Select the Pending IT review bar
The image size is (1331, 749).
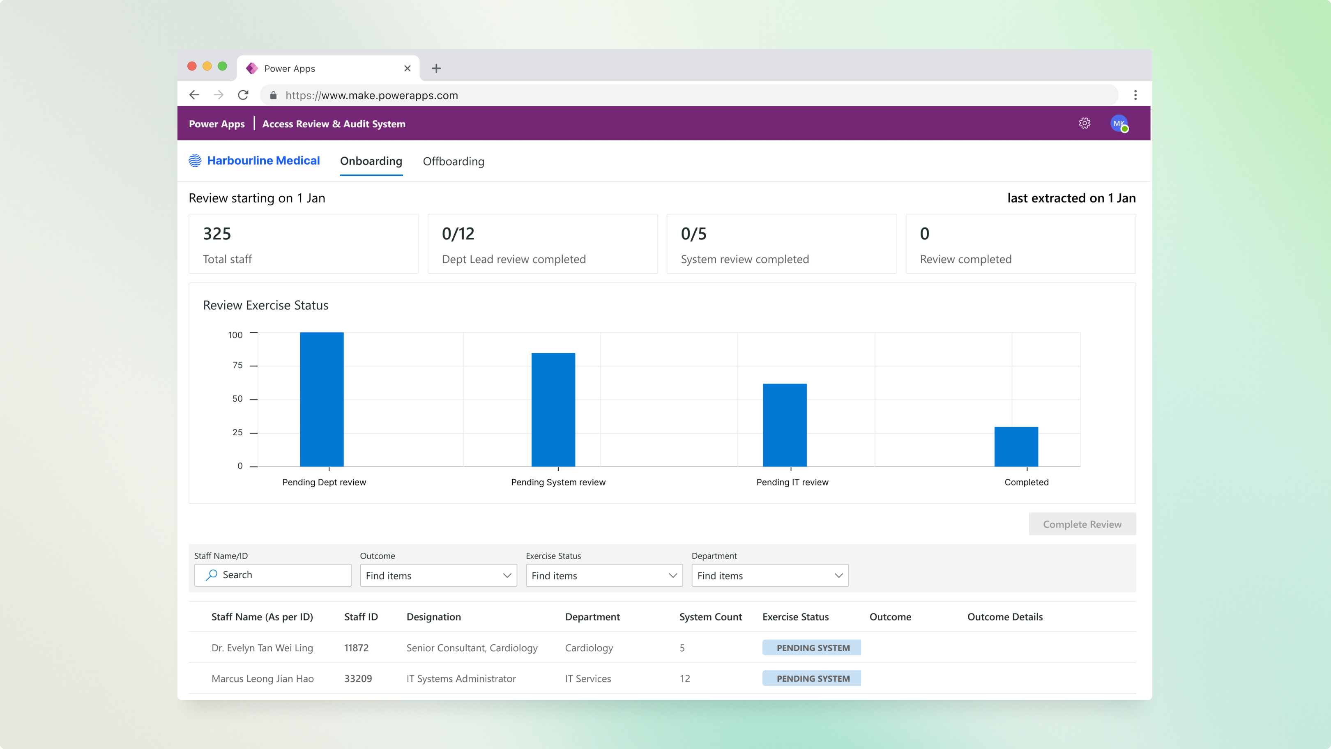pyautogui.click(x=784, y=425)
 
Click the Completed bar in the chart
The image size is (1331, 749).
pyautogui.click(x=1016, y=446)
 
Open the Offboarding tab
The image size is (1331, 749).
pyautogui.click(x=453, y=161)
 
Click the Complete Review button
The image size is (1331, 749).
pyautogui.click(x=1082, y=524)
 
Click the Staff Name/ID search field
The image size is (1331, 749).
pyautogui.click(x=273, y=575)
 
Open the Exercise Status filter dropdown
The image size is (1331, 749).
pyautogui.click(x=604, y=575)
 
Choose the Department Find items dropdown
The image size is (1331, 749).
pyautogui.click(x=769, y=575)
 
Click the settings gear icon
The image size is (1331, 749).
pyautogui.click(x=1085, y=124)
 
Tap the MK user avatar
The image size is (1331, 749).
pyautogui.click(x=1119, y=124)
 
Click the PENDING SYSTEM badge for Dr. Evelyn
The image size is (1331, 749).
pyautogui.click(x=812, y=648)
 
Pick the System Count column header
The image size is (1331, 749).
pyautogui.click(x=710, y=617)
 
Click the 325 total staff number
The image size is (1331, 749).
pyautogui.click(x=217, y=234)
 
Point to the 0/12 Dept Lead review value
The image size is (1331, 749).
pyautogui.click(x=458, y=234)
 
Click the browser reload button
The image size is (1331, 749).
pyautogui.click(x=243, y=95)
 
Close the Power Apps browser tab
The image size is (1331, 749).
pyautogui.click(x=407, y=68)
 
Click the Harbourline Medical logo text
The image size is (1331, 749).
pyautogui.click(x=263, y=161)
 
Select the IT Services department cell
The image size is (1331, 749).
pyautogui.click(x=587, y=678)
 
